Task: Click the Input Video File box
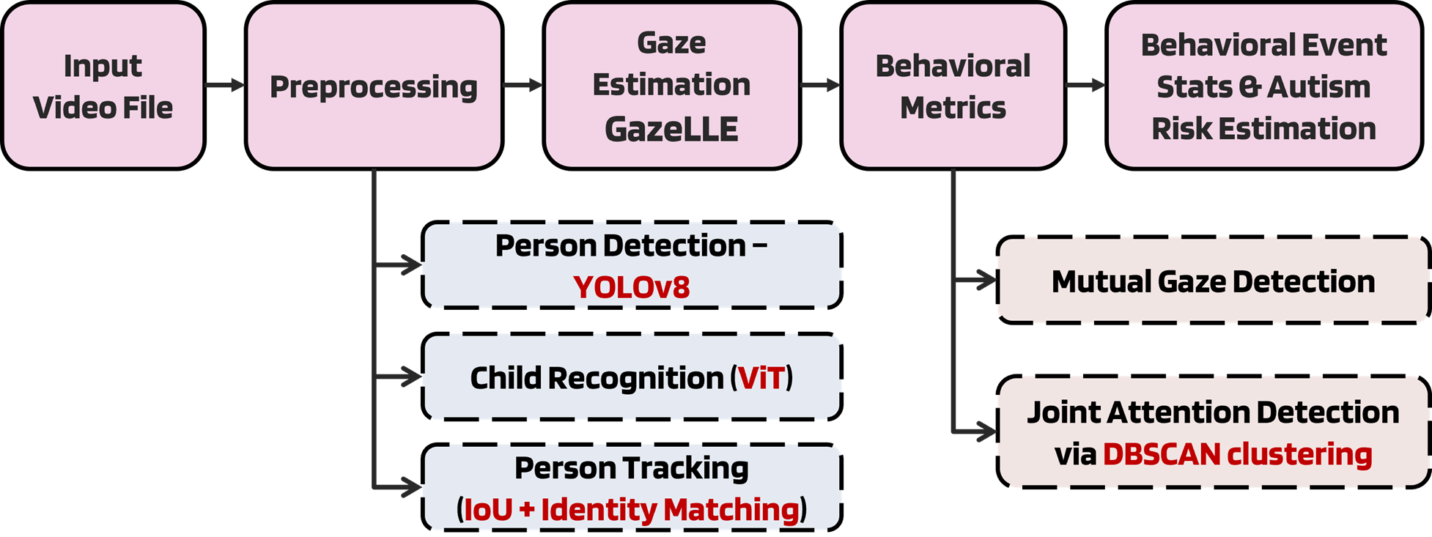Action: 103,86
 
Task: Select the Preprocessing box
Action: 374,86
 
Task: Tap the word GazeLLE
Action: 671,129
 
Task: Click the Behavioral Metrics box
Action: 953,86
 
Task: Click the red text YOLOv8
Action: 631,287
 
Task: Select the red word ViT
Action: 761,378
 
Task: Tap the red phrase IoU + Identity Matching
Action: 632,509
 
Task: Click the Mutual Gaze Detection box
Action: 1213,281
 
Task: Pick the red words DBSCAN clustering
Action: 1237,454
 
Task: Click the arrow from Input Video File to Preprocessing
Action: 225,86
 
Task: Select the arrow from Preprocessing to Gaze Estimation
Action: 523,86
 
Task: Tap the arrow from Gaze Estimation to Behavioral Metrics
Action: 820,86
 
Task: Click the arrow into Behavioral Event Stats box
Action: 1085,86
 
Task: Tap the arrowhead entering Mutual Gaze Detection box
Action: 986,280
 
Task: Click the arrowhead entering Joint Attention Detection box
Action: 986,432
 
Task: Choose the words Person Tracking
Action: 631,468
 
